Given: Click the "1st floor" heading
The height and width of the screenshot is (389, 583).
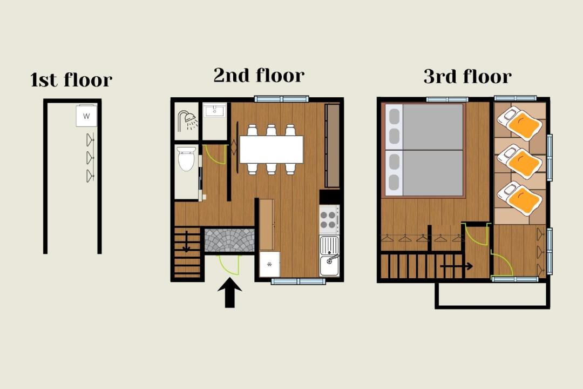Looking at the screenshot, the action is [71, 79].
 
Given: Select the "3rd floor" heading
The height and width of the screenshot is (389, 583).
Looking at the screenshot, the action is [467, 76].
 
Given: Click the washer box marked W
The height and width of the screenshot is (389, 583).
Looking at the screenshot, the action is [86, 116].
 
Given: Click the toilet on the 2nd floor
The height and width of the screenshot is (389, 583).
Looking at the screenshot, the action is [187, 159].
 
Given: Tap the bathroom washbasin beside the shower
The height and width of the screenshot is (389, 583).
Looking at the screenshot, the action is [214, 110].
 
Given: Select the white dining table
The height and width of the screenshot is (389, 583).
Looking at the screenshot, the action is [272, 149].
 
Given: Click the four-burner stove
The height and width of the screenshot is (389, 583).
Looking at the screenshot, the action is [329, 220].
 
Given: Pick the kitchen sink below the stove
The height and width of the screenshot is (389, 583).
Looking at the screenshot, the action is [329, 256].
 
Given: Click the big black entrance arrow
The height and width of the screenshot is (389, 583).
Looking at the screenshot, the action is [230, 293].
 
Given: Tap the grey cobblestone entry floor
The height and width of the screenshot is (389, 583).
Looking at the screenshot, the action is [229, 240].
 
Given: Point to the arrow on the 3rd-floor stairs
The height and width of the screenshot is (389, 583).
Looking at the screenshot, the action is [457, 266].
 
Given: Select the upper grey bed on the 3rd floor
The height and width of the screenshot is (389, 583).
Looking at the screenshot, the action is [424, 126].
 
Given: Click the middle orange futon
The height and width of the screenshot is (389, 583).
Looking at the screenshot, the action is [520, 162].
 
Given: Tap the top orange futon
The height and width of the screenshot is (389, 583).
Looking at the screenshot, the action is [520, 124].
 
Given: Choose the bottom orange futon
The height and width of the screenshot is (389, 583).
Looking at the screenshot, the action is [520, 198].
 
